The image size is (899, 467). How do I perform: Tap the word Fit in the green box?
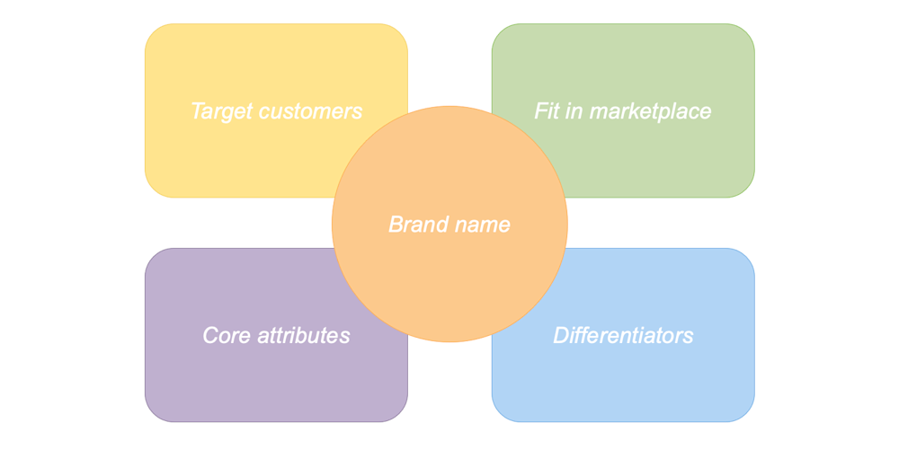pos(545,111)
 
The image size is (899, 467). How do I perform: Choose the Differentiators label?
pos(623,336)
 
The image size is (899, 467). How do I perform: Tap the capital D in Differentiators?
pos(560,336)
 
